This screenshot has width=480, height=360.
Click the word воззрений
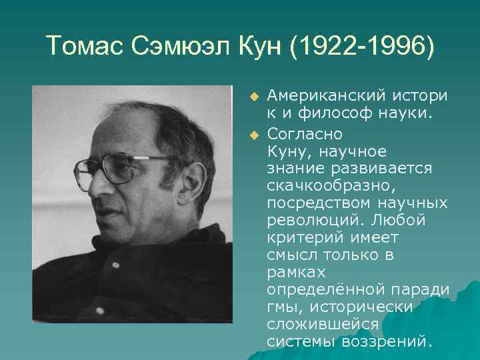click(386, 342)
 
